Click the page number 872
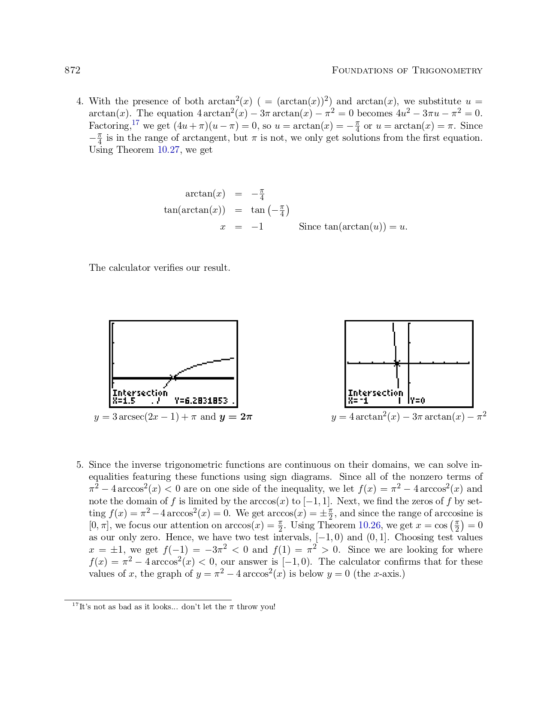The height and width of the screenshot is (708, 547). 73,70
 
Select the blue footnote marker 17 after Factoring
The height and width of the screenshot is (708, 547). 136,123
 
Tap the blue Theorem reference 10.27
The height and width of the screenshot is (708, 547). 168,150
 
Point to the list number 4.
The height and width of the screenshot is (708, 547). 79,102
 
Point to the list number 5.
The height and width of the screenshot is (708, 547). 79,465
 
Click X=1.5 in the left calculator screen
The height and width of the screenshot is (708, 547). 124,401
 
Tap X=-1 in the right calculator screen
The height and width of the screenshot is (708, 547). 358,401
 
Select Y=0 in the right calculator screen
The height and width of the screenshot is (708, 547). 417,401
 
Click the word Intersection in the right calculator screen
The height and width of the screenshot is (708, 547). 375,393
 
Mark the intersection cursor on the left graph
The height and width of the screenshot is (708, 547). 173,378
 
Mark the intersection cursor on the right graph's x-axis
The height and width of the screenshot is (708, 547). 397,363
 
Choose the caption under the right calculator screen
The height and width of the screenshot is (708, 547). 408,417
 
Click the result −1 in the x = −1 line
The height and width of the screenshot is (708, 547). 257,227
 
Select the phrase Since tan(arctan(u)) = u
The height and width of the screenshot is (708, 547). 353,227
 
